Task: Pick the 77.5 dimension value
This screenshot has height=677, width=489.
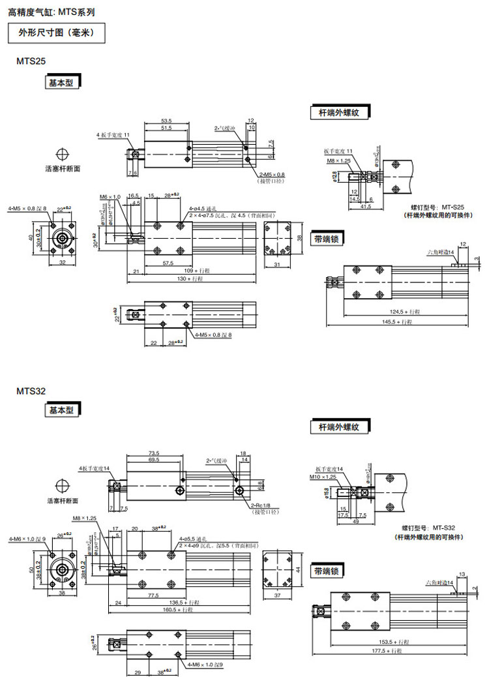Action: point(154,595)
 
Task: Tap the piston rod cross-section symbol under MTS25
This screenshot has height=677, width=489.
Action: point(63,154)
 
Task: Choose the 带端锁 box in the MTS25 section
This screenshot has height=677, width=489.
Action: point(327,239)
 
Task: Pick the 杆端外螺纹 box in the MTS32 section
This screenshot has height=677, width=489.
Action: point(339,427)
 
